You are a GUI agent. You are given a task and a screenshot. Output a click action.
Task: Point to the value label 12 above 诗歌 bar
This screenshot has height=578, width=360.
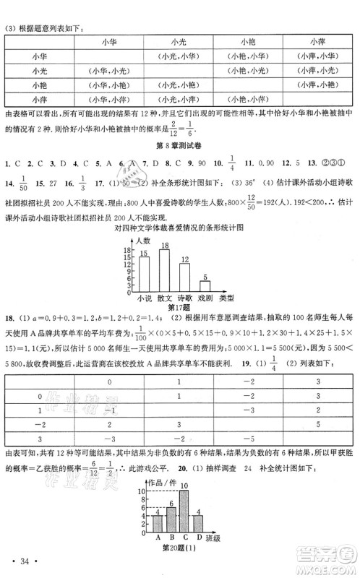(184, 259)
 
